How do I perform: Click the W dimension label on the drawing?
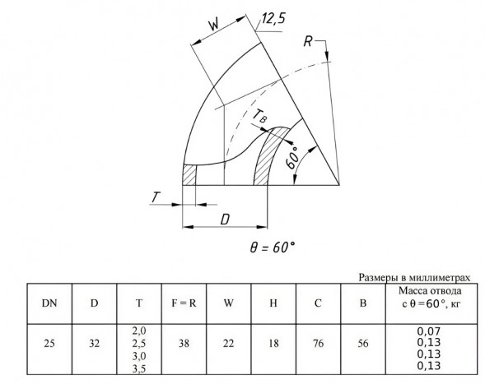click(x=213, y=24)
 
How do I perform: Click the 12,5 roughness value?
click(x=273, y=19)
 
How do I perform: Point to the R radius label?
click(x=308, y=41)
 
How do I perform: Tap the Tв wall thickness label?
click(x=259, y=117)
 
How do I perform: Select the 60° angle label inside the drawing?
click(x=293, y=158)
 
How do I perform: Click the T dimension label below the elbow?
click(x=156, y=197)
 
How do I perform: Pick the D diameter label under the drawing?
click(x=225, y=220)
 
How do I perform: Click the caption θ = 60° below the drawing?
click(x=273, y=248)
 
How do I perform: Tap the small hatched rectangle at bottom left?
click(x=189, y=175)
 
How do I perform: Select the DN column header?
click(x=49, y=303)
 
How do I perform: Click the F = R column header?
click(x=184, y=303)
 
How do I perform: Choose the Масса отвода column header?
click(x=431, y=297)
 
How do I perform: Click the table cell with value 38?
click(x=184, y=343)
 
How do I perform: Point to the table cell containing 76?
click(x=318, y=343)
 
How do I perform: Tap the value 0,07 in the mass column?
click(x=429, y=331)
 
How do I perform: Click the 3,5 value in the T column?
click(x=139, y=369)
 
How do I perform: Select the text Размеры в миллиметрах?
click(x=414, y=277)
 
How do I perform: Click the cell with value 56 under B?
click(x=363, y=343)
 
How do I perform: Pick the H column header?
click(x=273, y=303)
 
